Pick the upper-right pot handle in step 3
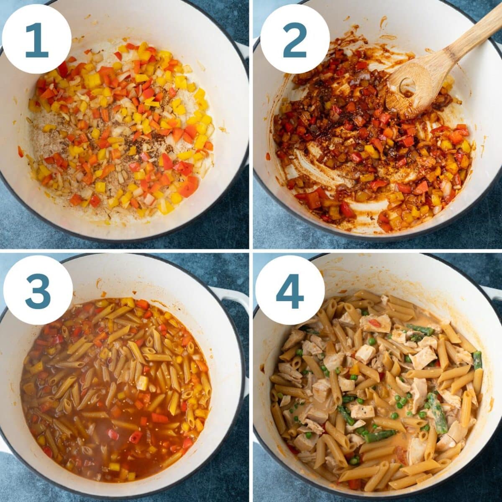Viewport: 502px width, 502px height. coord(228,293)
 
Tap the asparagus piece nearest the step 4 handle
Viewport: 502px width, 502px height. coord(478,360)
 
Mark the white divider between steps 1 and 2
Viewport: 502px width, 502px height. coord(251,125)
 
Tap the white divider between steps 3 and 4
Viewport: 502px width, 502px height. coord(251,376)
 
